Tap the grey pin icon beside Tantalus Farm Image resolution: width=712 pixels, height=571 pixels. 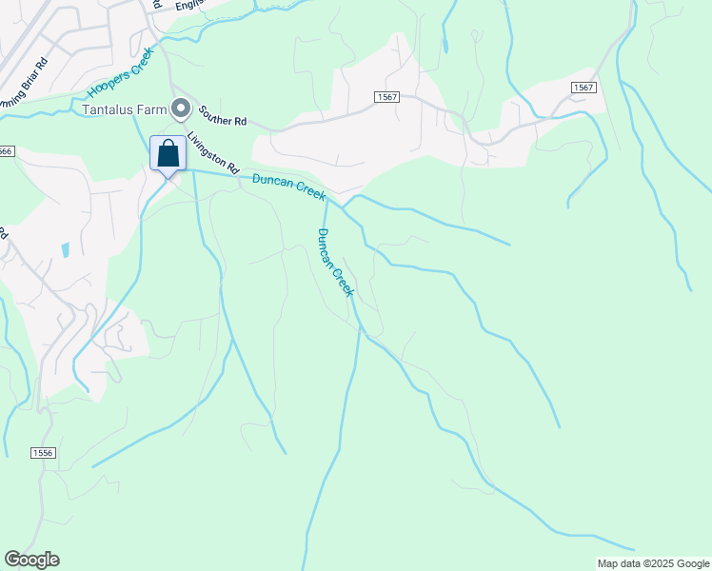coord(179,108)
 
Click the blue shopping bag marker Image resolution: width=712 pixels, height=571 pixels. coord(168,153)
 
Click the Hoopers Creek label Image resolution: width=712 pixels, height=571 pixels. coord(120,73)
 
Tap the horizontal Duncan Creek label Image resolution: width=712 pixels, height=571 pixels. coord(288,187)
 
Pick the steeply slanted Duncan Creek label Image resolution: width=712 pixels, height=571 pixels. coord(335,263)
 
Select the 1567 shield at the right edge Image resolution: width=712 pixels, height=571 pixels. coord(583,88)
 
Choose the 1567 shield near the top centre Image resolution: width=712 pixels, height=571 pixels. coord(386,98)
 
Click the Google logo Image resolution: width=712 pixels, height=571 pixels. coord(31,560)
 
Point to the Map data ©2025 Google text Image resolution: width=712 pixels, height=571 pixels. coord(653,563)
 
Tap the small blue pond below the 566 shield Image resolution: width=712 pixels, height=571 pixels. coord(64,251)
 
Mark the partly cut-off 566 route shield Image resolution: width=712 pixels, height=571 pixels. coord(6,151)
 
